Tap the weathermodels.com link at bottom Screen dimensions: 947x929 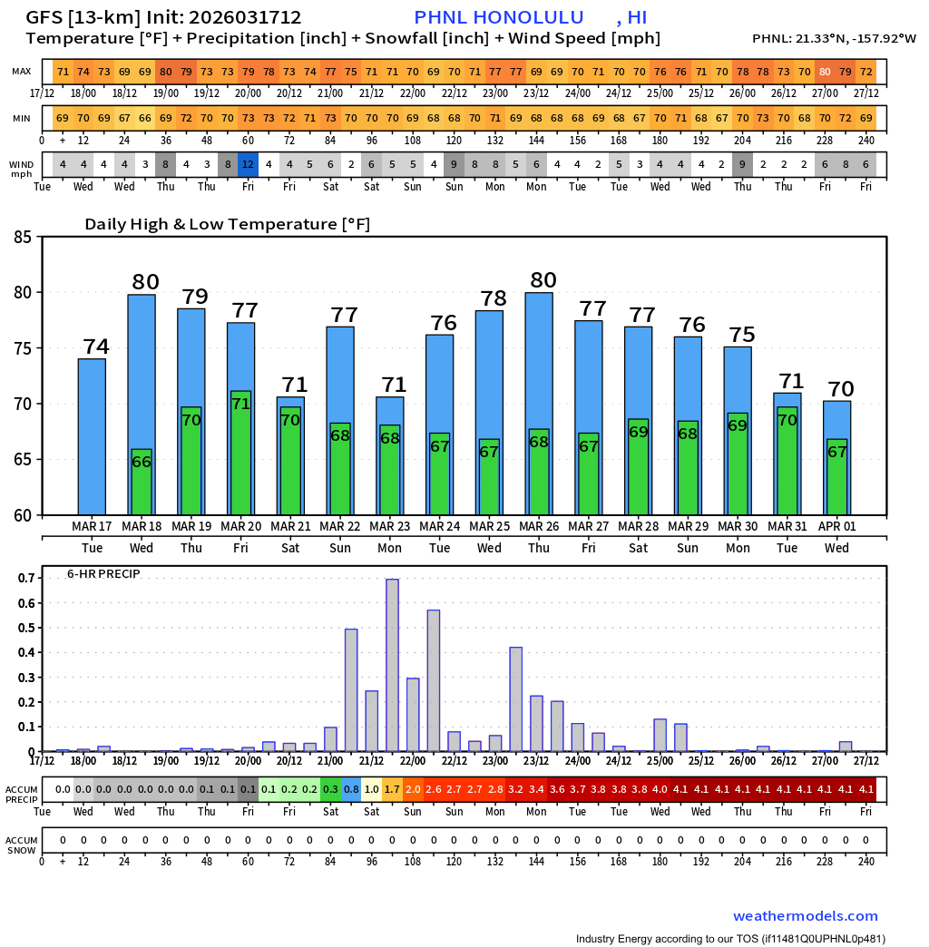pos(805,916)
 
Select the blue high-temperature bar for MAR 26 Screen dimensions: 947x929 pos(539,363)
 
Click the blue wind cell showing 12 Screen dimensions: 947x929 pos(248,164)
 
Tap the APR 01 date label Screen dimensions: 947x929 pos(836,526)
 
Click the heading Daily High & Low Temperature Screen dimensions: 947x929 pos(227,224)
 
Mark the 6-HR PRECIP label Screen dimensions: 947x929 pos(103,573)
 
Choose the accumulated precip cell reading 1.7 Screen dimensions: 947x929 pos(392,789)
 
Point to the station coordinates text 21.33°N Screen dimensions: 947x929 pos(834,38)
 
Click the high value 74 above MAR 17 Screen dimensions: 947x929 pos(96,347)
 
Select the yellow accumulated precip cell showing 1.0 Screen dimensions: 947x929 pos(372,789)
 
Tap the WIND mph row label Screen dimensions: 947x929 pos(21,169)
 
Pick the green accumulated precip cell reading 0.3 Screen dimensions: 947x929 pos(330,789)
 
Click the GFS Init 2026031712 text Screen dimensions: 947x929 pos(163,17)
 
